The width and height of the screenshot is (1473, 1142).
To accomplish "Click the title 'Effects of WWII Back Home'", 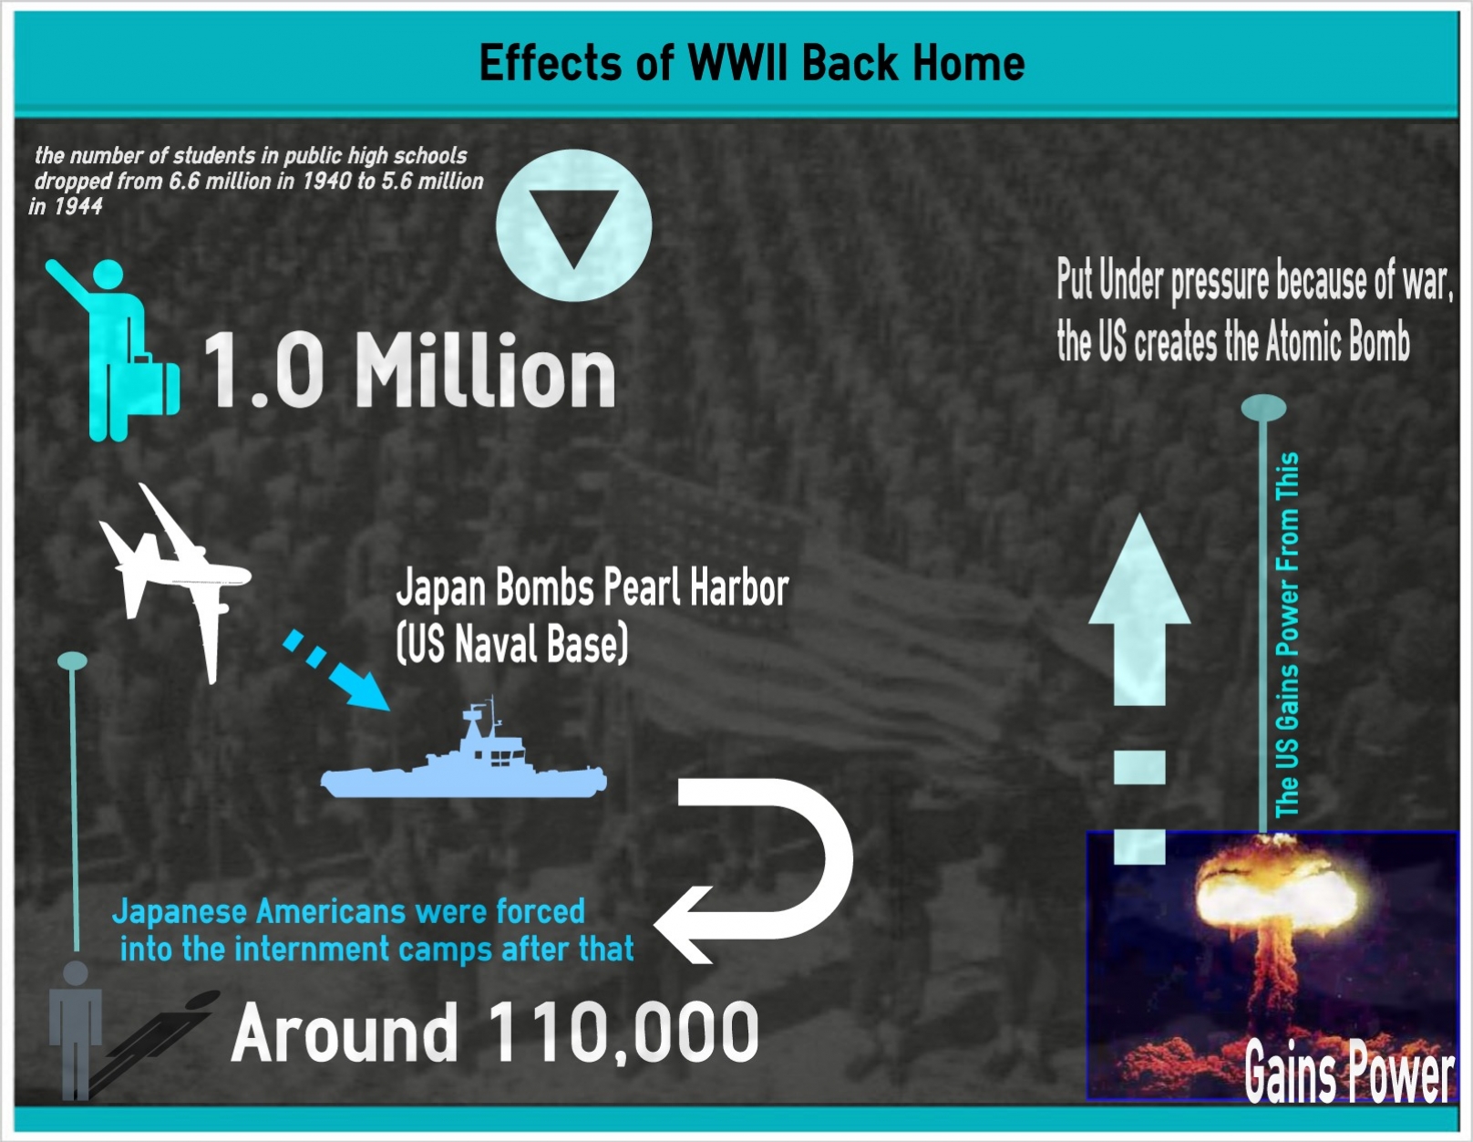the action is [x=752, y=63].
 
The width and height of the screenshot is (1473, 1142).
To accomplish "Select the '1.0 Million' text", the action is [x=409, y=370].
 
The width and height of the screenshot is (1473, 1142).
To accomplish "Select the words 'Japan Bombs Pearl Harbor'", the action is [x=592, y=587].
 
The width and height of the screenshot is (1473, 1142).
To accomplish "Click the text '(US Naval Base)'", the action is [x=511, y=644].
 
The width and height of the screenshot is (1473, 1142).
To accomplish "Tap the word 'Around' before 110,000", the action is [x=345, y=1033].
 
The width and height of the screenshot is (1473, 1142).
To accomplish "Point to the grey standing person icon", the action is [x=76, y=1030].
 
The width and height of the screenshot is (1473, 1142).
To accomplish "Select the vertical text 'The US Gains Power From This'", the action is [x=1286, y=635].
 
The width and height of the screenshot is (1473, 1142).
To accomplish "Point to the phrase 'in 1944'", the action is [x=66, y=206].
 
